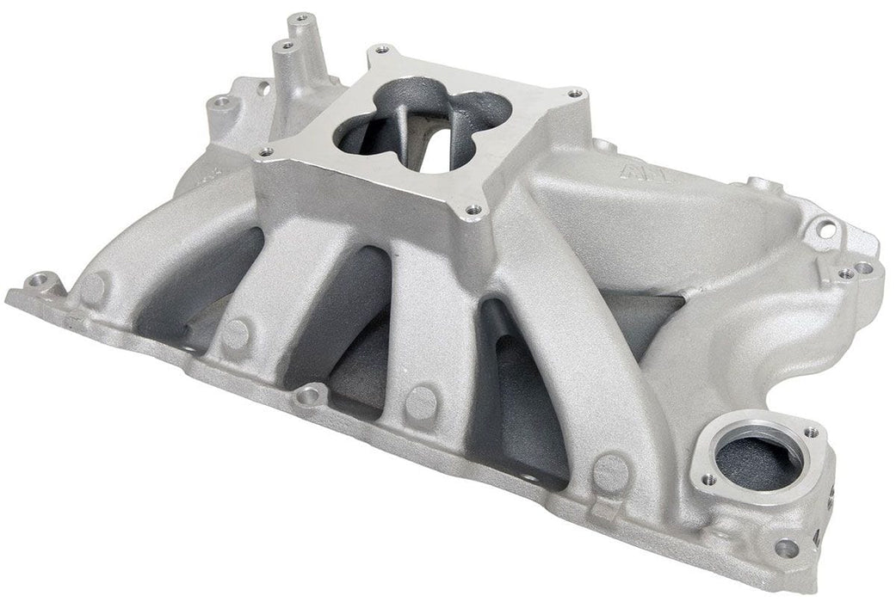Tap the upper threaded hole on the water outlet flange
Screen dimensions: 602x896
click(809, 432)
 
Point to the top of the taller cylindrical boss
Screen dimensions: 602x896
click(300, 18)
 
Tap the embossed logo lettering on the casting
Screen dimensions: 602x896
click(631, 173)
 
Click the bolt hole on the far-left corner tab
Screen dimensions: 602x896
click(37, 279)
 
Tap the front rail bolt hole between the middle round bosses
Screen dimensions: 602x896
click(310, 396)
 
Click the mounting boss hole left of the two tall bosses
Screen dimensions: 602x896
click(223, 102)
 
